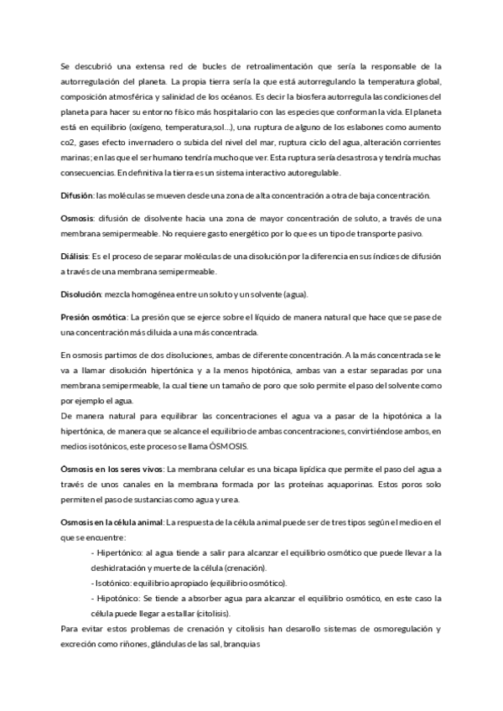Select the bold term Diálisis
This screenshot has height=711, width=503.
pos(76,257)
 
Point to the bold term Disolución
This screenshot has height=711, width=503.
pos(80,294)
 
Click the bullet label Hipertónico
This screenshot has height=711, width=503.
pos(118,553)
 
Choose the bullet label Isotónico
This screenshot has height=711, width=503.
pos(115,583)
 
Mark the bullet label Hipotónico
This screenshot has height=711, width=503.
pos(117,598)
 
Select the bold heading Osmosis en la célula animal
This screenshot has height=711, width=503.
pos(111,522)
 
